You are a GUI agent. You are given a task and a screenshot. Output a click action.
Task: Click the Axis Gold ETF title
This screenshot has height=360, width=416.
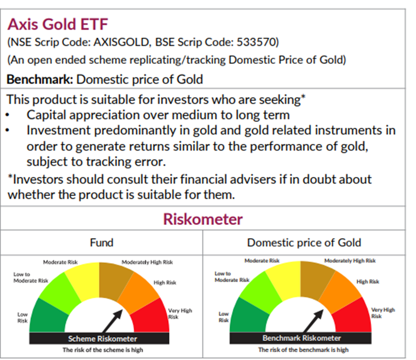point(58,24)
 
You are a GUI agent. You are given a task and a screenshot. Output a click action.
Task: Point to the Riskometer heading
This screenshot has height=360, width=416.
point(202,219)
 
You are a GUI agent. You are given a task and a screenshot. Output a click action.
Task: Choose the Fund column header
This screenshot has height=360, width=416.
point(102,242)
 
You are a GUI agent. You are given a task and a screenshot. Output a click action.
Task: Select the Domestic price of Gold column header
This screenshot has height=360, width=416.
point(304,242)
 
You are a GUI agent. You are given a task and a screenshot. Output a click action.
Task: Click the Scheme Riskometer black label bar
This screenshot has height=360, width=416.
point(103,339)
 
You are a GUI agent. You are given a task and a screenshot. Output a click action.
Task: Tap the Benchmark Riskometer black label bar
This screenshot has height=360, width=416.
point(302,338)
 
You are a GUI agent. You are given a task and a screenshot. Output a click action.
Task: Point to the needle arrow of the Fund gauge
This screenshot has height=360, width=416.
point(114,320)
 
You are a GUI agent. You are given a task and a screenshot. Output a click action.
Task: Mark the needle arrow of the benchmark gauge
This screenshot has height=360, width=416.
point(313,320)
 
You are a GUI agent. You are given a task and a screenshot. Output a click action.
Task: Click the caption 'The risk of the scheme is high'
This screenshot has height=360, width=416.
point(102,350)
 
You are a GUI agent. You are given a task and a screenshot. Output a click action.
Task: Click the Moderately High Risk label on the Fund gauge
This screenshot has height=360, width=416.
point(147,262)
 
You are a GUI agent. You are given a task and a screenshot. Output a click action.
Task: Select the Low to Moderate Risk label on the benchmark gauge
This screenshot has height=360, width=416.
point(232,276)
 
